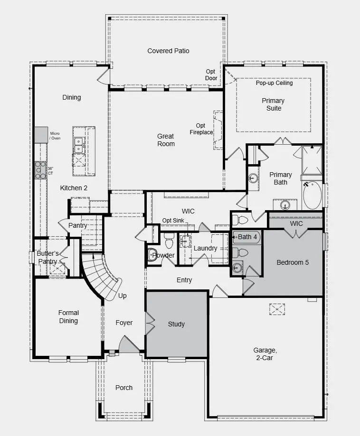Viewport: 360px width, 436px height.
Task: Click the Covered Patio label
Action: click(168, 51)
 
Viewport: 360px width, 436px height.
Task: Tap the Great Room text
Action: click(166, 140)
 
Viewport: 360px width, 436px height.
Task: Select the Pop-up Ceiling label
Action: click(275, 83)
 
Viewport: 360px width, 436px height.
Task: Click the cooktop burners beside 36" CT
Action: click(39, 170)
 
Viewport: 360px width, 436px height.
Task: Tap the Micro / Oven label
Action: click(56, 136)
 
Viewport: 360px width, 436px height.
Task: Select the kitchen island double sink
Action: click(78, 145)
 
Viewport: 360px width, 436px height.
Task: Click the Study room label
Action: click(176, 325)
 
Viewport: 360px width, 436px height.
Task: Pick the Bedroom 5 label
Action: click(293, 262)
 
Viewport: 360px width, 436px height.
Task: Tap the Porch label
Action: click(124, 388)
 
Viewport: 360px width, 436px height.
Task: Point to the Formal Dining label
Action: click(68, 317)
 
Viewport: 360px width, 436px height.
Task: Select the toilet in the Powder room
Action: click(153, 255)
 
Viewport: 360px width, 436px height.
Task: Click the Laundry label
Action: click(205, 248)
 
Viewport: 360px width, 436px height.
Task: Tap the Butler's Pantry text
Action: click(47, 258)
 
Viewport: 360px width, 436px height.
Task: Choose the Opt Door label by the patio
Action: click(211, 75)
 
